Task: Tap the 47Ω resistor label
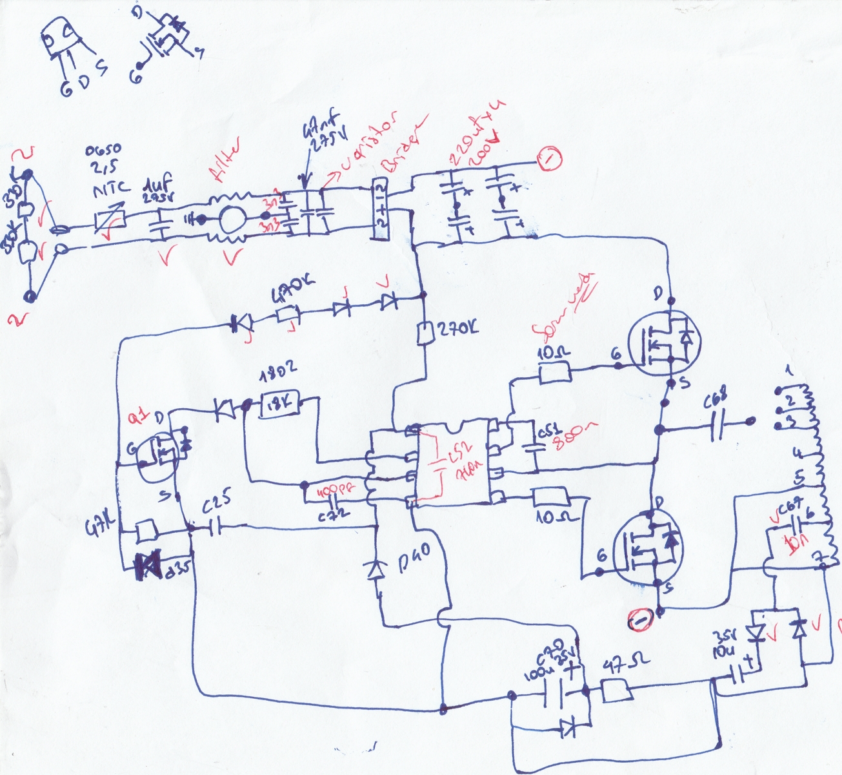point(625,666)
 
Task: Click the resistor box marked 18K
point(280,405)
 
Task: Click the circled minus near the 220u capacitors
point(550,158)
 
